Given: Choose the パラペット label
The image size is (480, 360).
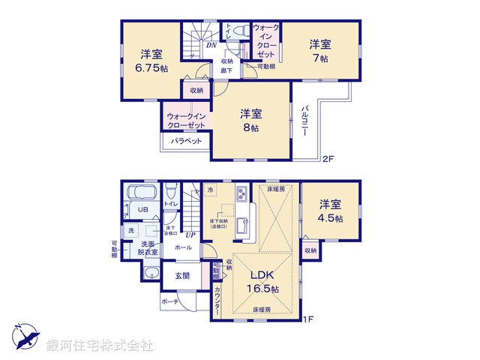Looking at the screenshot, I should coord(184,141).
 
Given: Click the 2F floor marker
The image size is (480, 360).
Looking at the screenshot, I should coord(328,159).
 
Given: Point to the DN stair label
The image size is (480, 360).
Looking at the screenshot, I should coord(211,45).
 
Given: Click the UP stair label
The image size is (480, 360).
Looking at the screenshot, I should coord(191,235).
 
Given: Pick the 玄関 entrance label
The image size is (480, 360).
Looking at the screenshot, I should coord(182,274).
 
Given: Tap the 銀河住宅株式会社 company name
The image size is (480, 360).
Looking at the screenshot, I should coord(100,346).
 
